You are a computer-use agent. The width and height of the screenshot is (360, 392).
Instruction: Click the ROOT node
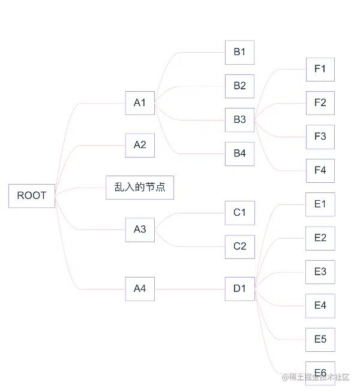pos(32,195)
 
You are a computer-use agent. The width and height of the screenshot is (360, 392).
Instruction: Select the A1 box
pos(140,102)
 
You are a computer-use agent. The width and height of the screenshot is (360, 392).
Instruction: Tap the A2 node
pos(140,145)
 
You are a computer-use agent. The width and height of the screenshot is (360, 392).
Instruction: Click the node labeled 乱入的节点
pos(140,188)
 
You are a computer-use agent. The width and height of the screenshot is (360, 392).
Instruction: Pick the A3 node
pos(140,230)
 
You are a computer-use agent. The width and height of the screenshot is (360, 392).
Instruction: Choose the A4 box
pos(140,289)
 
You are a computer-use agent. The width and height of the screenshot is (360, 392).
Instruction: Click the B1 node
pos(239,52)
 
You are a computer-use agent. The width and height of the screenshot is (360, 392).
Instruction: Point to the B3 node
pos(239,120)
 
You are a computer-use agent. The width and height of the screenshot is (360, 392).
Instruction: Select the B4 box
pos(239,153)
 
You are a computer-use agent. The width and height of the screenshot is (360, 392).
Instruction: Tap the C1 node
pos(239,212)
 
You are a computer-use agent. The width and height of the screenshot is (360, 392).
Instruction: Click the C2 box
pos(239,246)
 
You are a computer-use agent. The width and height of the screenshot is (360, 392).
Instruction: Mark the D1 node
pos(239,289)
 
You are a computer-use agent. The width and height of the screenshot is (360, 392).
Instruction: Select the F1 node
pos(320,70)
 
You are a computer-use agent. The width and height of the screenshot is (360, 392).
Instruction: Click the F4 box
pos(320,171)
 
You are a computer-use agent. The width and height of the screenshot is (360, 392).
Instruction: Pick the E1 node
pos(320,204)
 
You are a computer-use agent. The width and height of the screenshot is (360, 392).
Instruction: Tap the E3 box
pos(320,272)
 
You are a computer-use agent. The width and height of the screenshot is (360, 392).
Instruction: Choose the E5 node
pos(320,340)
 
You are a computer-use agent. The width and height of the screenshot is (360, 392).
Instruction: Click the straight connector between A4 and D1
pos(190,290)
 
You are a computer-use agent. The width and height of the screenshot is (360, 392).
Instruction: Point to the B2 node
pos(239,86)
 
